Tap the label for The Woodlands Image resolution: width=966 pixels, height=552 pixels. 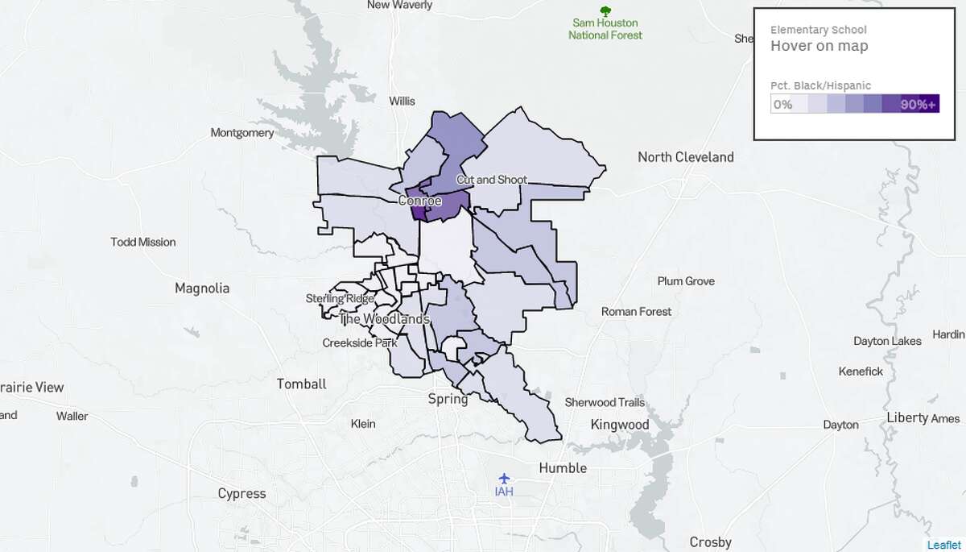pos(384,319)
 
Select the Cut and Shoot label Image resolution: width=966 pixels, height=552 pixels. pos(492,180)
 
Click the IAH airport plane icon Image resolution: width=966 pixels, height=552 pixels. pos(504,478)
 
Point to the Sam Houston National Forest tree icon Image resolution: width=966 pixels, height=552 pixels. pos(605,10)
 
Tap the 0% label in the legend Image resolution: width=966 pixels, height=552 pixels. pos(782,105)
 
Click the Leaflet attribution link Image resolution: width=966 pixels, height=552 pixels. pos(943,545)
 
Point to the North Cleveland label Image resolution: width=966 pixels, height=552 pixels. pos(685,157)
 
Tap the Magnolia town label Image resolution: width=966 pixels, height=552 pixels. pos(202,288)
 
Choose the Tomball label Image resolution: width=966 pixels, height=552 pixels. pos(301,384)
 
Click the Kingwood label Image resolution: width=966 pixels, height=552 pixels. pos(619,425)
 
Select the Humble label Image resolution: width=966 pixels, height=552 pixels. pos(563,468)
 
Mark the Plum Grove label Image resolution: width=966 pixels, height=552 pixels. pos(686,281)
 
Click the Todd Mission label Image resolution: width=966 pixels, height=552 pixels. pos(143,242)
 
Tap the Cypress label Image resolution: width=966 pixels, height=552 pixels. pos(242,493)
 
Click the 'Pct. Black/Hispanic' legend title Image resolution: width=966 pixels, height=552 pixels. pos(820,85)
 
